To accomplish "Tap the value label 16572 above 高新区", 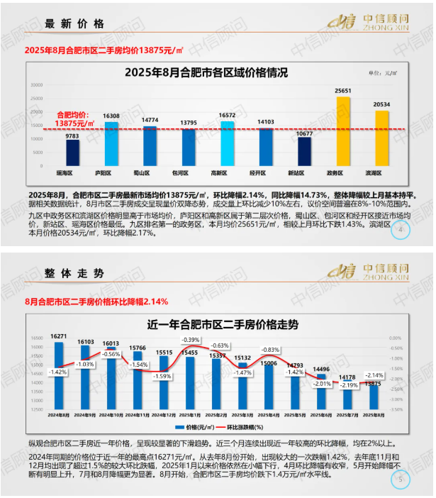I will coord(228,115).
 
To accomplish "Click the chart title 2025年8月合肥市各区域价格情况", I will coord(206,72).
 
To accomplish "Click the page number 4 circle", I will coord(402,230).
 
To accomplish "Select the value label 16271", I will coord(60,336).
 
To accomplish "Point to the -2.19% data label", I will coord(347,385).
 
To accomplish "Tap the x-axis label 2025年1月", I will coord(189,414).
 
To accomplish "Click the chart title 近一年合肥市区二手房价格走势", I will coord(213,323).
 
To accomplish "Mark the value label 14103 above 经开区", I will coord(266,121).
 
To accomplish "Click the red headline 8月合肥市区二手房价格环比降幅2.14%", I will coord(97,301).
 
